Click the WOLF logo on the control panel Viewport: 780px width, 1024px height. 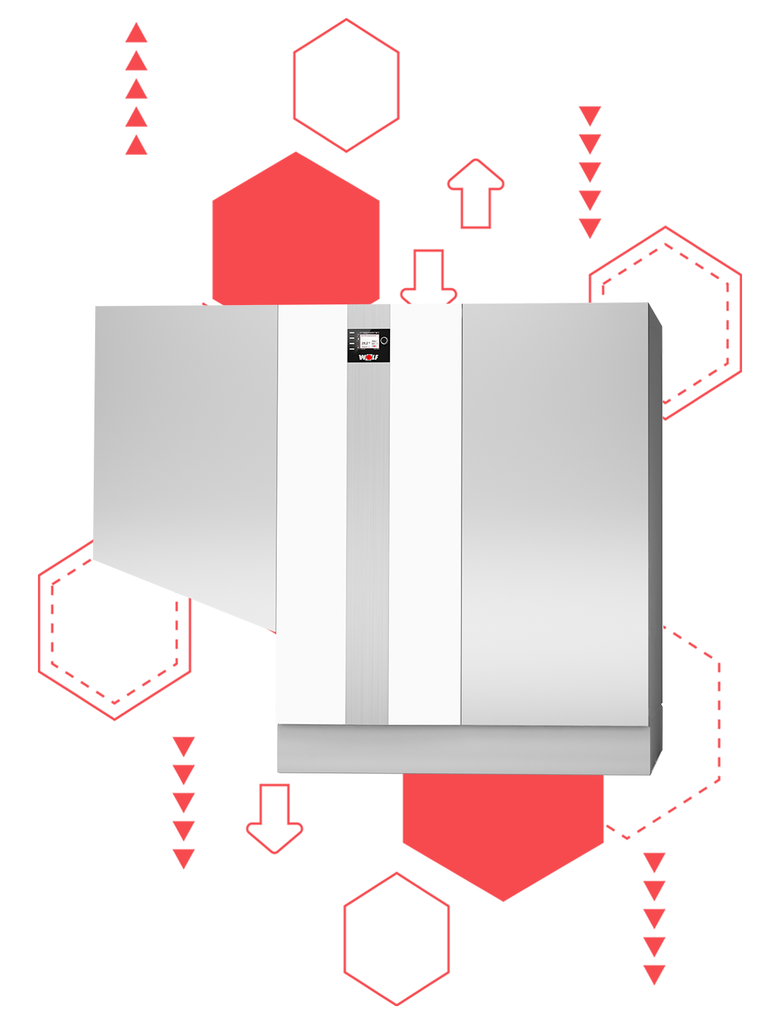pyautogui.click(x=369, y=357)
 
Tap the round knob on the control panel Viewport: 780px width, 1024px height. pyautogui.click(x=384, y=341)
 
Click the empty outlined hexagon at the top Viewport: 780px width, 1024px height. pyautogui.click(x=346, y=85)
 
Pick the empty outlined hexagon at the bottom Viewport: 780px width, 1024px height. pyautogui.click(x=396, y=938)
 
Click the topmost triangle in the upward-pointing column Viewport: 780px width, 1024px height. pyautogui.click(x=136, y=33)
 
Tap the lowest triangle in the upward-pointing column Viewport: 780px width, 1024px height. pyautogui.click(x=136, y=145)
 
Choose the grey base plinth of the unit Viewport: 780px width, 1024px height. pyautogui.click(x=465, y=749)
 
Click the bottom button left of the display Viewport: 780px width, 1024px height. pyautogui.click(x=351, y=348)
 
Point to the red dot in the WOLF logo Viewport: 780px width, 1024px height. pyautogui.click(x=369, y=357)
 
